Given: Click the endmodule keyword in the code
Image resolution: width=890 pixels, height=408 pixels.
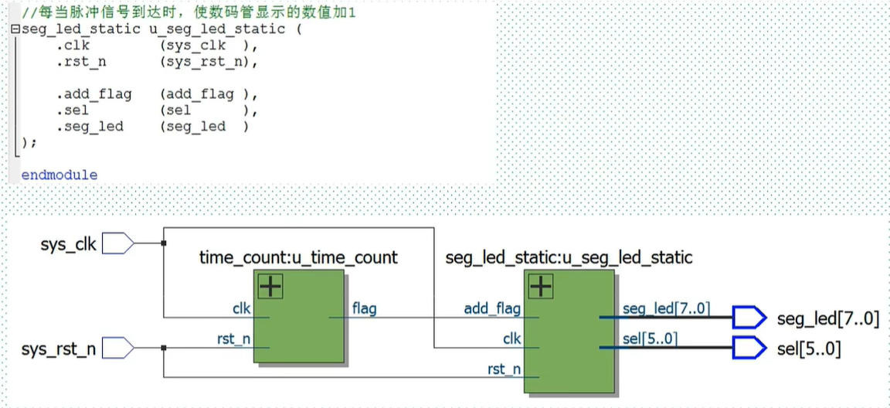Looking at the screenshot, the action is point(59,175).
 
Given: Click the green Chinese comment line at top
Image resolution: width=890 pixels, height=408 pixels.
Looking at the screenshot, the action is point(188,12).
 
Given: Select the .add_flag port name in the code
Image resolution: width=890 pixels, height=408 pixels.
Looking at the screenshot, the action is point(94,95).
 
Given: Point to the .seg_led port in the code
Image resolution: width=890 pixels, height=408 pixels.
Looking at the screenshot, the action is point(90,127).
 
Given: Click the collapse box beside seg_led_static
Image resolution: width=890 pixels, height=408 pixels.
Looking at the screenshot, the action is point(15,29).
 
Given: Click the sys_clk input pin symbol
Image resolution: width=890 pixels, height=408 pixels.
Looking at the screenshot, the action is point(118,244).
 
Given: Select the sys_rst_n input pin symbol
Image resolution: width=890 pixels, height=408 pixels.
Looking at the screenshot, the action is point(118,347).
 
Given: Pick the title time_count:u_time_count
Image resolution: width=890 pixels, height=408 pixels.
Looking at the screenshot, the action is point(298,257).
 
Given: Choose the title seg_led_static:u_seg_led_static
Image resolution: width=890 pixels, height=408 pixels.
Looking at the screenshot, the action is point(569,257).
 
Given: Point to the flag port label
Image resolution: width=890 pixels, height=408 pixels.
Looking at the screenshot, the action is point(364,309).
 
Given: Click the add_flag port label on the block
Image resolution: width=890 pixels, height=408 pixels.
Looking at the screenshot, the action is point(492,310).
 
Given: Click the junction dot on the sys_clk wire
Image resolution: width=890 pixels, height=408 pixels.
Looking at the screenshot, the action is point(164,244).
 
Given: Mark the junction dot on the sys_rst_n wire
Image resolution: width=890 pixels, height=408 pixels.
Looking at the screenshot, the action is point(164,347).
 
